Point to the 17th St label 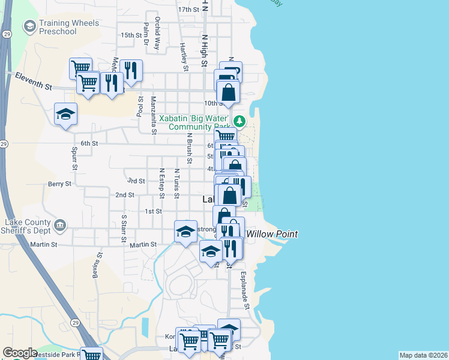click(x=188, y=10)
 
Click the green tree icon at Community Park click(x=240, y=122)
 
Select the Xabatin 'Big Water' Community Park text click(x=191, y=122)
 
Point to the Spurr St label click(x=74, y=157)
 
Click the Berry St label click(x=59, y=184)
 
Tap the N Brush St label click(x=188, y=148)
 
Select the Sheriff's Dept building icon click(x=60, y=226)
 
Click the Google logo click(x=20, y=353)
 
